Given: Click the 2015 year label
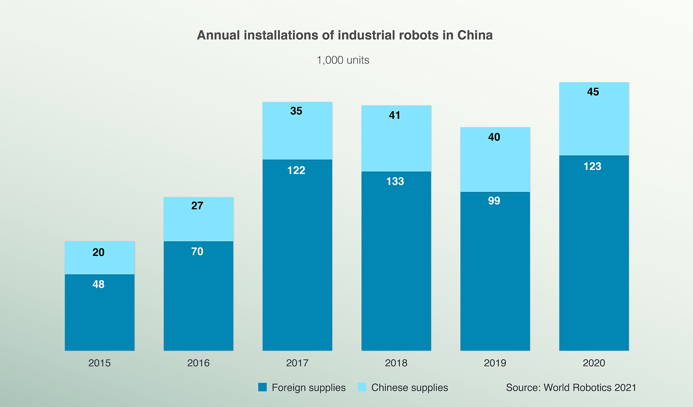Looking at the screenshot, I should click(99, 363).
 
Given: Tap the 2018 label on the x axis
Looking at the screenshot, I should click(396, 363).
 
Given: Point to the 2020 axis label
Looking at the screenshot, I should click(594, 363).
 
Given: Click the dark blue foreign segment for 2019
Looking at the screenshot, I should click(495, 277).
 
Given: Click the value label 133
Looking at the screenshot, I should click(395, 181).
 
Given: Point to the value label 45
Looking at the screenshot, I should click(593, 92).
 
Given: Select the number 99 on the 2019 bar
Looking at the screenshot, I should click(494, 201).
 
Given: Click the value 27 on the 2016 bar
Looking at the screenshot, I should click(197, 206).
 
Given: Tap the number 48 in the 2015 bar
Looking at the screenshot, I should click(98, 284).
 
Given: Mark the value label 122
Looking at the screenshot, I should click(296, 170).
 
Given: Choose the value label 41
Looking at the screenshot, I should click(395, 115).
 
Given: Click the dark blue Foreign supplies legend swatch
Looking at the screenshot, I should click(263, 387).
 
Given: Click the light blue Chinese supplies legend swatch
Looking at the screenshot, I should click(362, 387).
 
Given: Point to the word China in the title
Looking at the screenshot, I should click(475, 35).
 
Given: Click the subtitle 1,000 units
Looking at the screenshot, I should click(343, 60).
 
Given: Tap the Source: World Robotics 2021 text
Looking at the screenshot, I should click(571, 387).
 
